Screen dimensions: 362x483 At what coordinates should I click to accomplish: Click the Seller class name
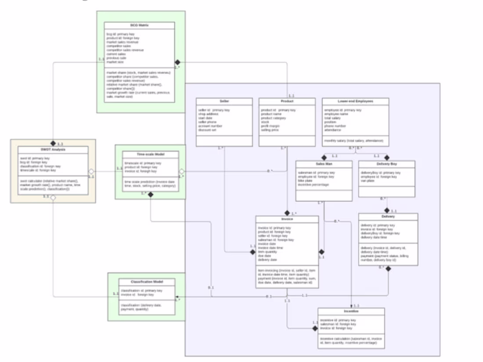pos(224,101)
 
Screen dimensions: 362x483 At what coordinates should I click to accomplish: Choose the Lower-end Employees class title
pos(355,101)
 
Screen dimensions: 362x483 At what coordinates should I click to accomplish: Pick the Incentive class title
pos(351,311)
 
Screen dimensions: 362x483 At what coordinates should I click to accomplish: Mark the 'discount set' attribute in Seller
pos(207,130)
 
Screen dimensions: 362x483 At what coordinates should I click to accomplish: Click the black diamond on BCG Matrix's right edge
pos(177,62)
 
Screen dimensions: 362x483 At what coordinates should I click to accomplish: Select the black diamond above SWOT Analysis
pos(53,143)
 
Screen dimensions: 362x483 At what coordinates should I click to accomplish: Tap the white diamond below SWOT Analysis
pos(53,198)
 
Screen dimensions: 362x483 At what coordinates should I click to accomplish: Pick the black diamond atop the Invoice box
pos(287,213)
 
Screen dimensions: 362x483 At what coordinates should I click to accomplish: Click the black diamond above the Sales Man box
pos(324,157)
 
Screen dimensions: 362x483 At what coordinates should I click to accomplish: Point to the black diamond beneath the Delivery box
pos(388,269)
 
